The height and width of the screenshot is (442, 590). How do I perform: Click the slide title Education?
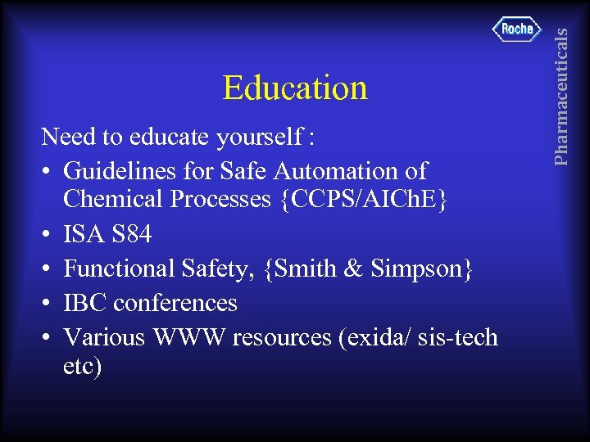(x=295, y=88)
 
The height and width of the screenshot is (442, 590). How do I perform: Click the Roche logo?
(x=517, y=29)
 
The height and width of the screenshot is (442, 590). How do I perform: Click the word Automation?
(x=335, y=171)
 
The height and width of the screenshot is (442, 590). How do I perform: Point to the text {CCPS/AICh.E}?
(x=362, y=200)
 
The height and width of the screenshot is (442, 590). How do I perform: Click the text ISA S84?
(x=107, y=235)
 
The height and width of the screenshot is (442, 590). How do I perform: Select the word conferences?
(x=175, y=303)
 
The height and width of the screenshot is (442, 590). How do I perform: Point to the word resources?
(x=281, y=336)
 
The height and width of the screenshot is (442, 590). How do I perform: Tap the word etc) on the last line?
(x=82, y=366)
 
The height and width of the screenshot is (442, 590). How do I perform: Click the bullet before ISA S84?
(x=47, y=236)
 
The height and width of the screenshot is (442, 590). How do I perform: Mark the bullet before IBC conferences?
(x=47, y=304)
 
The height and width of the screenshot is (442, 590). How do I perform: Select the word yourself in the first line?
(x=261, y=138)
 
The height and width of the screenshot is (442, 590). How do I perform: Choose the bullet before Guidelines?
(x=47, y=172)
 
